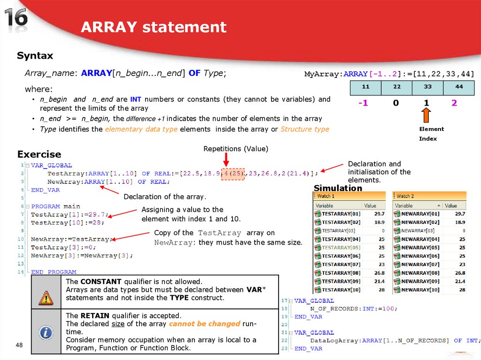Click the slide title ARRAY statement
click(154, 27)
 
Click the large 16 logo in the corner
click(16, 19)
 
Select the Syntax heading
click(35, 56)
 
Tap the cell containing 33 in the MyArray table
click(427, 87)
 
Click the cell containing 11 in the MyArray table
click(365, 87)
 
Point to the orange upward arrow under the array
click(426, 115)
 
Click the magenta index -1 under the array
click(363, 103)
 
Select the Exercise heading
click(39, 154)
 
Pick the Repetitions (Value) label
click(235, 149)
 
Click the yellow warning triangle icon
click(46, 298)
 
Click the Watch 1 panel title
click(326, 196)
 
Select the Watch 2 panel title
click(405, 196)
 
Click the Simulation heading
click(338, 188)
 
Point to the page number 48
click(19, 345)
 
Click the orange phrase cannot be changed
click(204, 324)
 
